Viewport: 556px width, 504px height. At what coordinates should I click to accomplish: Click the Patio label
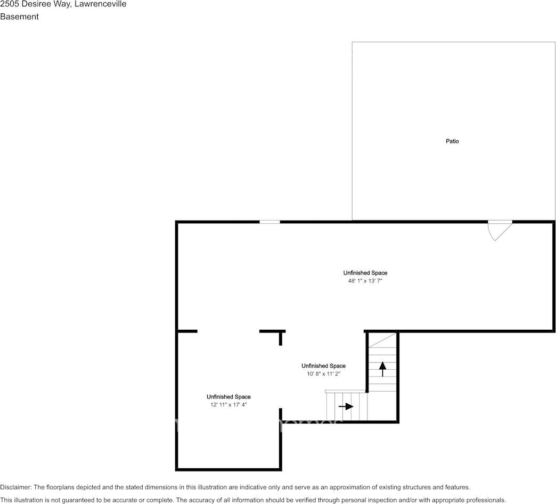click(x=452, y=141)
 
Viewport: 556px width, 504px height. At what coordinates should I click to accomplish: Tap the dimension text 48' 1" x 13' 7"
click(x=365, y=281)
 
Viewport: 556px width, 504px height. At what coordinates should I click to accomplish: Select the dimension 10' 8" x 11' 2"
click(x=323, y=374)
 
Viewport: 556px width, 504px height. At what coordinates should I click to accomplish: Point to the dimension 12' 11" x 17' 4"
click(x=228, y=405)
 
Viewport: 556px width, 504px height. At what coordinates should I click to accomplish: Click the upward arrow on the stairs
click(x=382, y=369)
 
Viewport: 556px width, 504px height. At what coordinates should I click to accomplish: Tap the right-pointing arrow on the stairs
click(x=346, y=407)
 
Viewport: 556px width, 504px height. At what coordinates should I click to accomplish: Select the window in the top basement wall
click(x=269, y=222)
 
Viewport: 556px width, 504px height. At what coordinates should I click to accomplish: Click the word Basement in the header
click(x=20, y=17)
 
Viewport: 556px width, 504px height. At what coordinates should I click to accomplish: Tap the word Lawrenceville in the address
click(x=100, y=4)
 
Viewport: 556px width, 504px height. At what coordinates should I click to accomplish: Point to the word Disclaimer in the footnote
click(x=15, y=487)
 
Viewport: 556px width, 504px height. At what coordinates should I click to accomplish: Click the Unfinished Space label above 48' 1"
click(x=365, y=273)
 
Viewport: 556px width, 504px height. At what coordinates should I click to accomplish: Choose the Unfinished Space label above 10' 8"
click(x=323, y=365)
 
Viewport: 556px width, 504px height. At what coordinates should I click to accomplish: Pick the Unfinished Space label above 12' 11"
click(x=228, y=397)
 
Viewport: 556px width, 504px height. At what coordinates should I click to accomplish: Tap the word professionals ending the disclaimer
click(x=486, y=500)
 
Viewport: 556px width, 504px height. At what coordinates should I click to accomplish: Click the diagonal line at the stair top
click(x=382, y=340)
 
